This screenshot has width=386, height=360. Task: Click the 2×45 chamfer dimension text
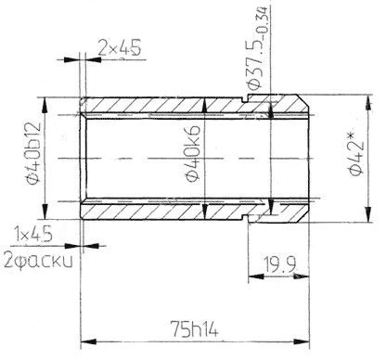point(120,47)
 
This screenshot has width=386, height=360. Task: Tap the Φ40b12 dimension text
point(32,153)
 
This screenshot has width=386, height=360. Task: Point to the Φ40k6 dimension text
point(192,154)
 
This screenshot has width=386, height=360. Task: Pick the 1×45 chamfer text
point(33,236)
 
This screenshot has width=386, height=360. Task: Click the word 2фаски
point(38,261)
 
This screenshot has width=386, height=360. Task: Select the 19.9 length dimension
point(280,264)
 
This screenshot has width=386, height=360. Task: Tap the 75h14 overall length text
point(195,328)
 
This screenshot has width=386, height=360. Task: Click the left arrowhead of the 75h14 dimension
point(88,342)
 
